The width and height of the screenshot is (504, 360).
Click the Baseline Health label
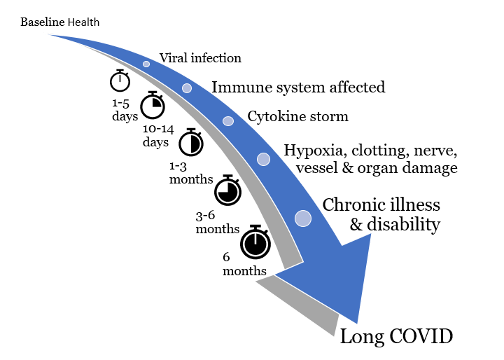pos(59,22)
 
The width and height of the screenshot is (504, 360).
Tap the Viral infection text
pos(200,58)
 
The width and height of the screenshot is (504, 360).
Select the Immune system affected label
pos(298,87)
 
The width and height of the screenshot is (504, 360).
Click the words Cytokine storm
pos(297,116)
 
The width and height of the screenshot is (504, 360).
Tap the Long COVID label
pos(396,337)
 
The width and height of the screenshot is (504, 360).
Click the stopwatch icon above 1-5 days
pos(120,81)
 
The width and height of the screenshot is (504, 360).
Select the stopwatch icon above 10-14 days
pos(153,106)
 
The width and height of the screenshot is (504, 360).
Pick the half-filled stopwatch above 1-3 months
pos(190,143)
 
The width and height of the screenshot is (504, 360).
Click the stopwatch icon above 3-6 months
pos(227,190)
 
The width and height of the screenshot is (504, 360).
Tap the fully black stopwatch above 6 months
pos(255,243)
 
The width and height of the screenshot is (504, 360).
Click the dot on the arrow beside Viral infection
pos(146,64)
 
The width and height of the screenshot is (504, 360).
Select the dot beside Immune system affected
pos(187,88)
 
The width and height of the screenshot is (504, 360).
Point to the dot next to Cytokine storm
pos(228,121)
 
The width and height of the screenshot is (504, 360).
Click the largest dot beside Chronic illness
pos(303,219)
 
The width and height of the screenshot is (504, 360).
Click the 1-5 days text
pos(125,110)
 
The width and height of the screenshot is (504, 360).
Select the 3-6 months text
pos(217,222)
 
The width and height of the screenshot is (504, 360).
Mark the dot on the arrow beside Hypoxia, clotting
pos(264,159)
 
